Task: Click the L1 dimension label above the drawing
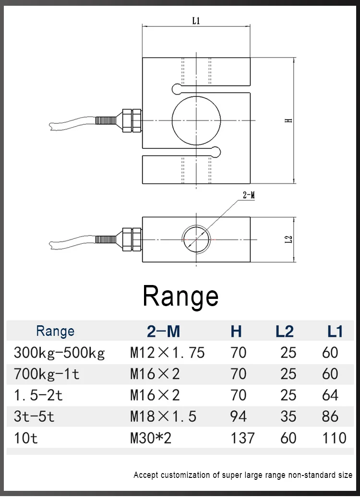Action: coord(196,21)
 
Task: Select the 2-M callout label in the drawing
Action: coord(248,195)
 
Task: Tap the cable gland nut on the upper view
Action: coord(132,120)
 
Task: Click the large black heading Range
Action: coord(180,296)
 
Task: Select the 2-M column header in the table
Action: coord(163,331)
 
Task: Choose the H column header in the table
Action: coord(236,331)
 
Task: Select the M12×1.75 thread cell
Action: coord(168,353)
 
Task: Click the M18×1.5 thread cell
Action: coord(163,416)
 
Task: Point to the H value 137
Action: coord(242,438)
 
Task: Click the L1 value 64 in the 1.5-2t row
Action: coord(330,395)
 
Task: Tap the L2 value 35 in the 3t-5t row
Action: coord(288,416)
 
